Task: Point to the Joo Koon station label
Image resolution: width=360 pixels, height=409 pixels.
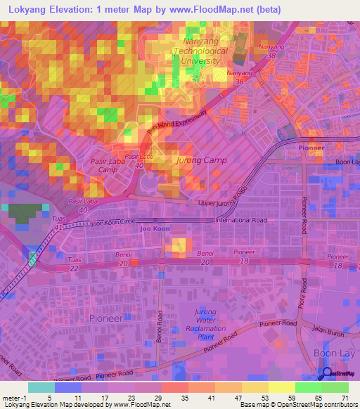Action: click(155, 229)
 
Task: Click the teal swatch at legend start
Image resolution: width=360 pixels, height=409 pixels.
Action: click(41, 387)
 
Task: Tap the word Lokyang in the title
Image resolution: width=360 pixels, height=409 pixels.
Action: click(30, 10)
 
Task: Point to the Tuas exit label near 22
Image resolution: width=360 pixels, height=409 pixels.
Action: click(73, 259)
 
